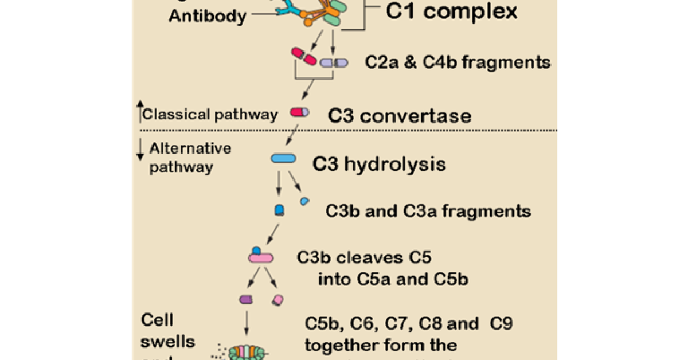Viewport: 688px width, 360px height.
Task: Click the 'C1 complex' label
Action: (451, 13)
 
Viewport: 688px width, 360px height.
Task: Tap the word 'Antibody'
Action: (207, 15)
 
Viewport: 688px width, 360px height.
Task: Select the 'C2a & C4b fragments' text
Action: (458, 62)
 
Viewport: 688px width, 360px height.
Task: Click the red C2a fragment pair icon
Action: (303, 57)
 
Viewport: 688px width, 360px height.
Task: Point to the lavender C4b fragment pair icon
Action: (334, 62)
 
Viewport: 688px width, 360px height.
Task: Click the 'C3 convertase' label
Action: (400, 115)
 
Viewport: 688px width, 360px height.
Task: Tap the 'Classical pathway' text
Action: (210, 114)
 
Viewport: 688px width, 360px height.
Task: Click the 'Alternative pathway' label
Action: (189, 158)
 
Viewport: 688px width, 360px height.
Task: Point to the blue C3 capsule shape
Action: (283, 159)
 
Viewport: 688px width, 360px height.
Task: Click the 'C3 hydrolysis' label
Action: (379, 165)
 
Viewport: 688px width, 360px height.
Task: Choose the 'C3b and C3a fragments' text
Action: (428, 211)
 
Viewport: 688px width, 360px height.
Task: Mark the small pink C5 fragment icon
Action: (277, 299)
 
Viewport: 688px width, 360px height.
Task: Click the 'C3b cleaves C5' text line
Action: (369, 257)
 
